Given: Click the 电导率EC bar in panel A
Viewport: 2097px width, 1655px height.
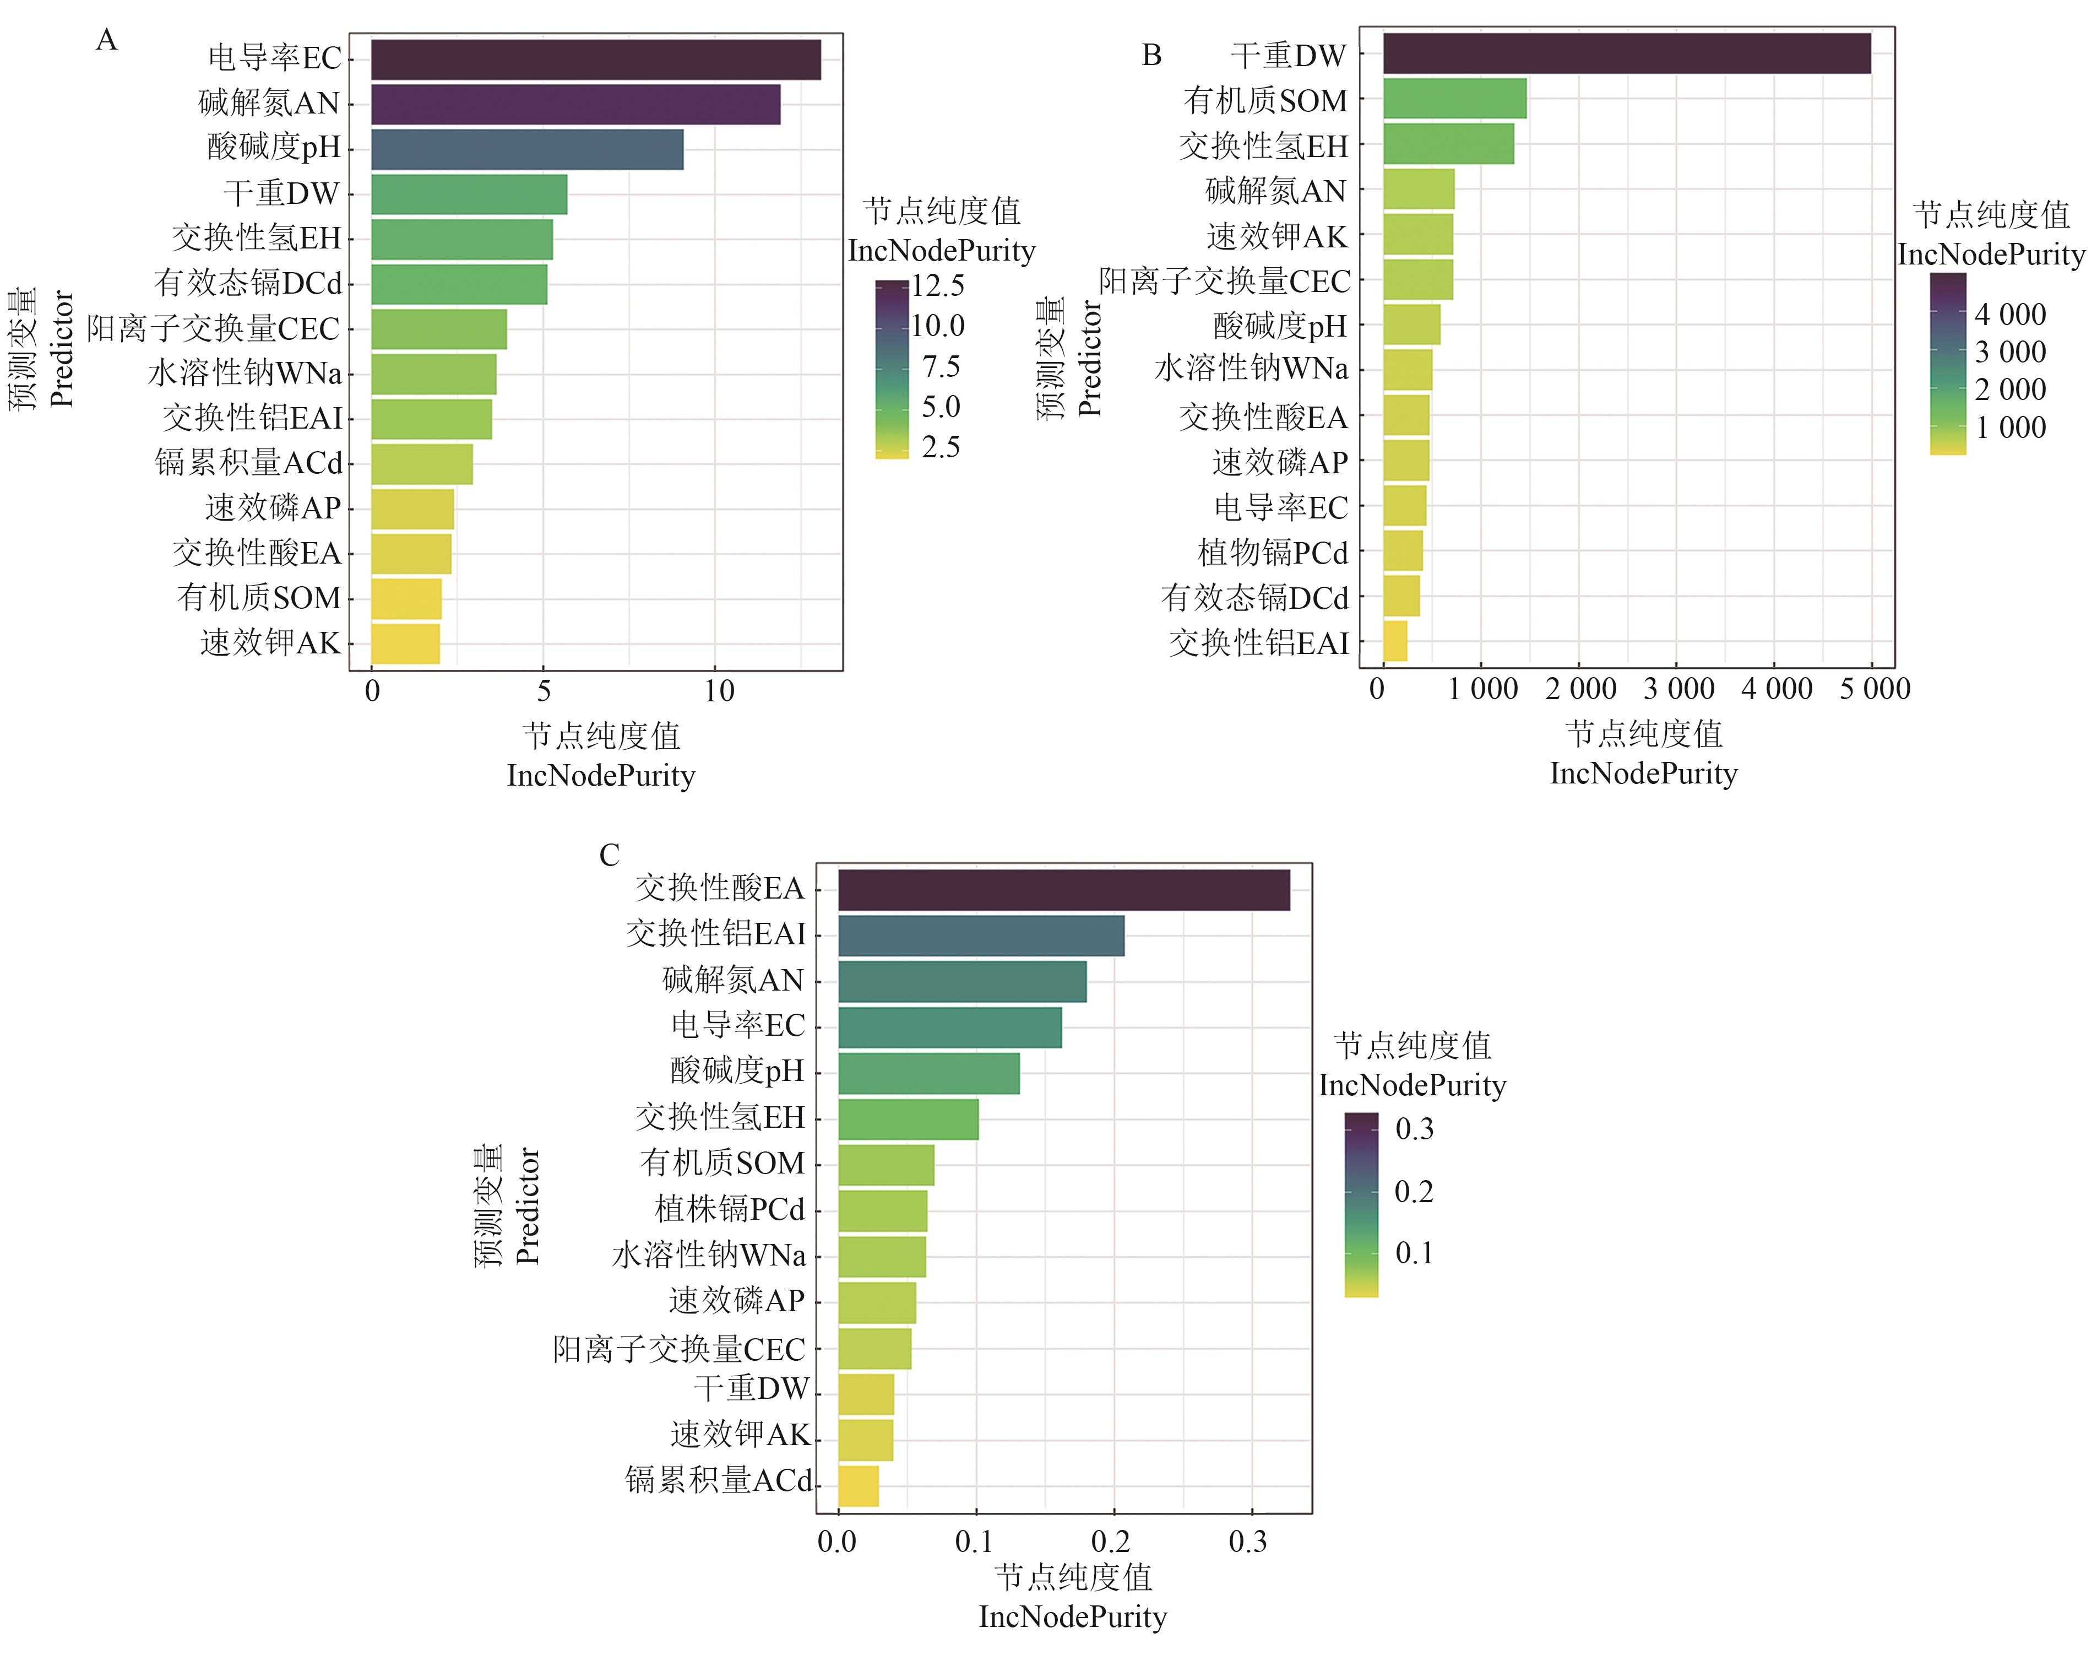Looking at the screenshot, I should [596, 60].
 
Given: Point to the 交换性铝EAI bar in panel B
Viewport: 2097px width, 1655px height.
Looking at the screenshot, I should [1395, 641].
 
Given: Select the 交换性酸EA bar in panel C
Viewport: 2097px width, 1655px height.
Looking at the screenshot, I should [1063, 890].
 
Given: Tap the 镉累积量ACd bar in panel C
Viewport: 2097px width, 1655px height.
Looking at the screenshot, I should [858, 1485].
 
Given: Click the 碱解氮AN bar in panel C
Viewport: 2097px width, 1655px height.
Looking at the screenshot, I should [962, 982].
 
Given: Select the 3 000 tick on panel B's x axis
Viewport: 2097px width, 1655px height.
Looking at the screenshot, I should [1678, 689].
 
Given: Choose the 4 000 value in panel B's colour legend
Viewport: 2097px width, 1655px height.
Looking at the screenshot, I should [2010, 315].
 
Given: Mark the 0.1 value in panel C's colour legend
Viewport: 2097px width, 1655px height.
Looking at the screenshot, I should [1413, 1253].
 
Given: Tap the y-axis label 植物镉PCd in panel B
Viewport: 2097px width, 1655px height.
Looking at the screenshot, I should [1272, 553].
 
